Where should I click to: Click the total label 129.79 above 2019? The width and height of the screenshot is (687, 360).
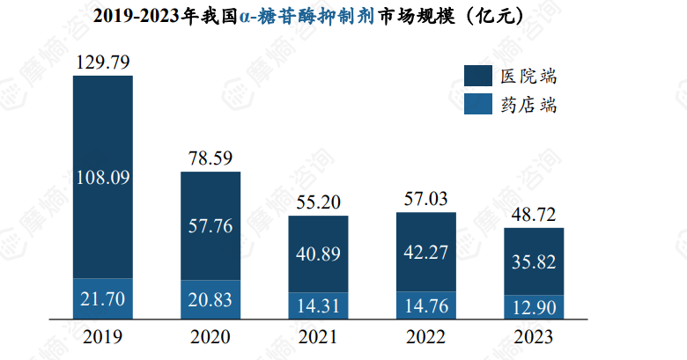point(103,62)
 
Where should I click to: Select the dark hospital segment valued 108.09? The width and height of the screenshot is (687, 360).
point(103,177)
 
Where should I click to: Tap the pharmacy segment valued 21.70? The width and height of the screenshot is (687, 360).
point(103,298)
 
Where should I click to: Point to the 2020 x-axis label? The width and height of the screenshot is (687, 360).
point(211,337)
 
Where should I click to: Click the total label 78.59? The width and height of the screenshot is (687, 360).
point(211,158)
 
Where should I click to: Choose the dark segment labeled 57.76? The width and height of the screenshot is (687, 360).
point(211,225)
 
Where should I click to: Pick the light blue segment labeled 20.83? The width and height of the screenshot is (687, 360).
point(211,299)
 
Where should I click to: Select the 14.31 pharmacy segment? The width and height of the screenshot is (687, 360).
point(319,305)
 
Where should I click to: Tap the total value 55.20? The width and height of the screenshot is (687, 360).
point(319,203)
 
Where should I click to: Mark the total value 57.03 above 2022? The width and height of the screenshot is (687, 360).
point(426,199)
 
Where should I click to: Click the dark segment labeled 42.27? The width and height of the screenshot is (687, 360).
point(426,252)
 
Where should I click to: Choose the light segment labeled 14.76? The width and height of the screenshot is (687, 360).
point(426,305)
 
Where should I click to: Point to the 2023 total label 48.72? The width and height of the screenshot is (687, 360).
point(534,216)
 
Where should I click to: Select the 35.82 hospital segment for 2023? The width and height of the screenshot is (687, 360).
point(534,261)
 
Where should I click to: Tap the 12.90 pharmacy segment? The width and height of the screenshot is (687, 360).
point(534,306)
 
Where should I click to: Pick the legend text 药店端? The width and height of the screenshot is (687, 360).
point(528,106)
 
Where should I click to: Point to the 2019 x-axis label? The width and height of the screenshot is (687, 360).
point(103,337)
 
